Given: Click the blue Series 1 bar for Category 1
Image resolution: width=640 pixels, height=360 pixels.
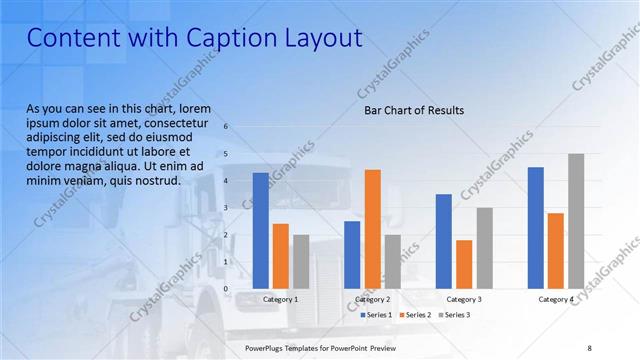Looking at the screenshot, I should pyautogui.click(x=261, y=230).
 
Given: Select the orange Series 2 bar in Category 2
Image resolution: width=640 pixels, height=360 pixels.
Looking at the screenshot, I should pyautogui.click(x=372, y=228).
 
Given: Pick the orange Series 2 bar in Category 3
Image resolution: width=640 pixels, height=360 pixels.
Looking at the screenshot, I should pyautogui.click(x=464, y=264).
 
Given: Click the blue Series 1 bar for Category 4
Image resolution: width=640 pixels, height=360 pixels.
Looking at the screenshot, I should pyautogui.click(x=536, y=227).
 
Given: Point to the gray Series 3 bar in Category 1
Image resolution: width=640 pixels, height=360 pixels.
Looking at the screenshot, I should pyautogui.click(x=301, y=261).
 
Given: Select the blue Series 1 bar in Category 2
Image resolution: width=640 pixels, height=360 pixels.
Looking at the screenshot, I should pyautogui.click(x=352, y=254).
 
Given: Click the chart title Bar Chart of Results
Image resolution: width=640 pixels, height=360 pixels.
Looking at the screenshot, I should pyautogui.click(x=413, y=111).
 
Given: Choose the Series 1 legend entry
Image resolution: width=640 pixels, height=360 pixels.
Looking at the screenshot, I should pyautogui.click(x=379, y=315).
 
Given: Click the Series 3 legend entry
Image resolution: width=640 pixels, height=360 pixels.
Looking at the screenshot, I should pyautogui.click(x=455, y=315).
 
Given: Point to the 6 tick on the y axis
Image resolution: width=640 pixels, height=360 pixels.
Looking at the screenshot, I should pyautogui.click(x=227, y=127).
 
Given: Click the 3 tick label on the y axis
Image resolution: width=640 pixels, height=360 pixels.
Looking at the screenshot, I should pyautogui.click(x=227, y=208).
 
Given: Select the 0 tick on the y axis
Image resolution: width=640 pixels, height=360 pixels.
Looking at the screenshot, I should pyautogui.click(x=227, y=289).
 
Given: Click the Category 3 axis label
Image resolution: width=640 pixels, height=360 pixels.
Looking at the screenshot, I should pyautogui.click(x=464, y=299).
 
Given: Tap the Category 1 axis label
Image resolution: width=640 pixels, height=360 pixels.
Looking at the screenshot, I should pyautogui.click(x=281, y=299).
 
